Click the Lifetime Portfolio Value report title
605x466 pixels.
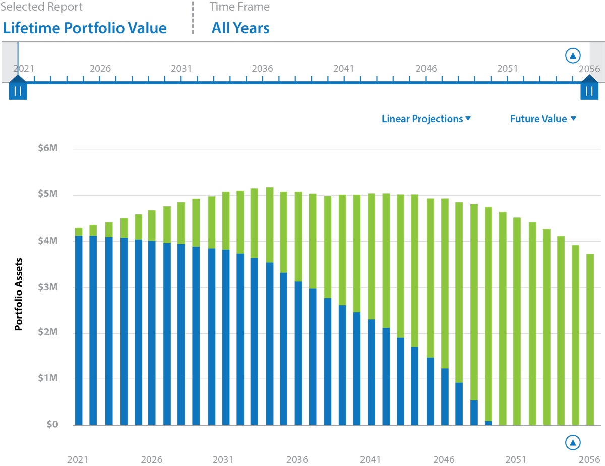click(85, 28)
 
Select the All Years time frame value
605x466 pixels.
click(240, 28)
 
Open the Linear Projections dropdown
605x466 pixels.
click(426, 119)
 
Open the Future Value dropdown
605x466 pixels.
click(543, 119)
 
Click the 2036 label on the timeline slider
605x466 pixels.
click(262, 69)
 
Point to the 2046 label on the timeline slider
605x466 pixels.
click(426, 69)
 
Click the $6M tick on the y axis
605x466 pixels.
click(48, 148)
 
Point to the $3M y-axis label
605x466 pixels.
click(48, 287)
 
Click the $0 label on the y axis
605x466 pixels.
click(52, 424)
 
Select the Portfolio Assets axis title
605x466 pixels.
click(18, 294)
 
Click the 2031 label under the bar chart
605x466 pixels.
click(223, 459)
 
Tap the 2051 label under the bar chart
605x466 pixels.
click(516, 459)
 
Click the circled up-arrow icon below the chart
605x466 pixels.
click(573, 442)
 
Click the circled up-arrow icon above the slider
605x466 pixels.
click(573, 55)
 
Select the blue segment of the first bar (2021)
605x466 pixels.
click(79, 330)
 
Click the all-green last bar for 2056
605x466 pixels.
click(590, 339)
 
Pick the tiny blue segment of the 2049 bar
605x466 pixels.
click(488, 423)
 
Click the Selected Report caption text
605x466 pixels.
click(41, 7)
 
